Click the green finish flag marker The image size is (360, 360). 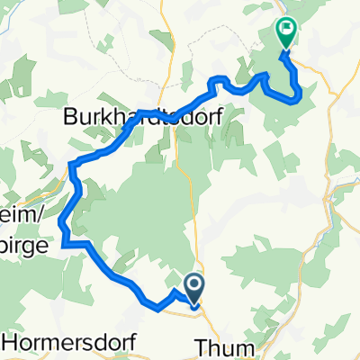[x=287, y=33]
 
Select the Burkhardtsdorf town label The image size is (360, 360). [x=141, y=116]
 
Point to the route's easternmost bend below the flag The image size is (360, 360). [x=300, y=91]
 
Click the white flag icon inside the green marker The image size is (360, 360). [x=288, y=29]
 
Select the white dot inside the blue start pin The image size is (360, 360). [x=193, y=285]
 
